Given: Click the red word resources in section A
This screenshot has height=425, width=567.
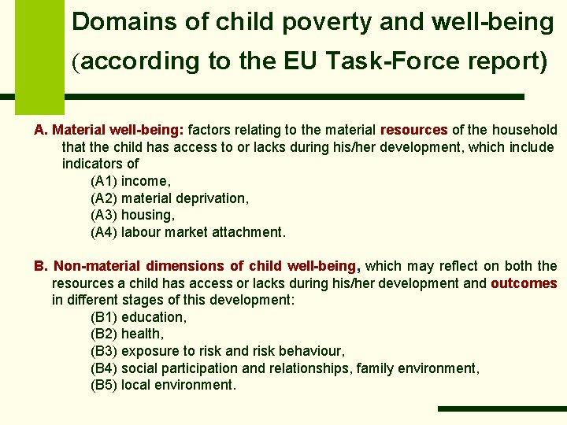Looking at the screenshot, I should pyautogui.click(x=414, y=130).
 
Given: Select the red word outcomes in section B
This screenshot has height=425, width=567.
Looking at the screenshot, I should pyautogui.click(x=524, y=283).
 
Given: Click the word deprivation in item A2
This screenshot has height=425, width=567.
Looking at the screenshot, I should pyautogui.click(x=209, y=198).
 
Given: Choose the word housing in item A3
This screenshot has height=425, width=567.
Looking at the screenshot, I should pyautogui.click(x=147, y=215).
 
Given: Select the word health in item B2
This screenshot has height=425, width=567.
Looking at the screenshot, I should pyautogui.click(x=142, y=334).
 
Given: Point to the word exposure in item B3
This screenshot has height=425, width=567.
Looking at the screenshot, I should pyautogui.click(x=149, y=351).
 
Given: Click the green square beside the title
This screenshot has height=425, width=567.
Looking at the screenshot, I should pyautogui.click(x=40, y=55).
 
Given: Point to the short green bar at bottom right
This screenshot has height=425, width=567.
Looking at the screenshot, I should pyautogui.click(x=502, y=408).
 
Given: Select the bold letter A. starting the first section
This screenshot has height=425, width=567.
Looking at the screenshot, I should pyautogui.click(x=41, y=130).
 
